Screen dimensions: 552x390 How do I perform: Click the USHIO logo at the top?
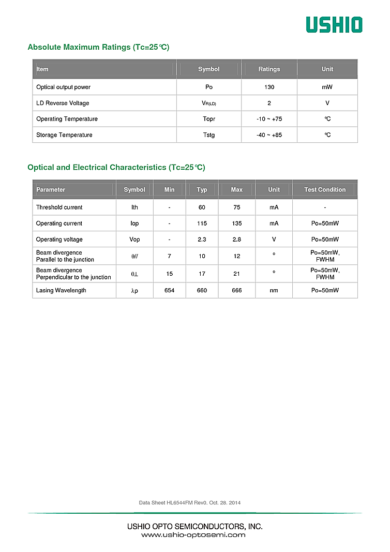point(334,25)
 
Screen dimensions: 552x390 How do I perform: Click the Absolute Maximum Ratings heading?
point(98,47)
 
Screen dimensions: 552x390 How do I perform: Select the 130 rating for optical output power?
point(269,87)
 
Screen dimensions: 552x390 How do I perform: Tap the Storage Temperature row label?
point(64,135)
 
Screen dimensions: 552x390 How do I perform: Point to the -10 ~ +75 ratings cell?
point(269,119)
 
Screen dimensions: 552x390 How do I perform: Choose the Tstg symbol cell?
point(208,135)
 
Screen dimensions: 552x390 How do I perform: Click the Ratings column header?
point(269,69)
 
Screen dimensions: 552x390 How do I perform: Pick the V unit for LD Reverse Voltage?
point(327,103)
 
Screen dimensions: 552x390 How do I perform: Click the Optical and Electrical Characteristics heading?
point(116,167)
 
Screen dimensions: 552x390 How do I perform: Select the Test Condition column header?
point(325,190)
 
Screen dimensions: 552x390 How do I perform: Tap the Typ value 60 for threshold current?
point(202,207)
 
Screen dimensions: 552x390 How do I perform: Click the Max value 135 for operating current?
point(236,223)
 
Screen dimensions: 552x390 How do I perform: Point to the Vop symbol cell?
point(134,240)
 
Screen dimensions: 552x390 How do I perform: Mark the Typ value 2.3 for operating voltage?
point(202,240)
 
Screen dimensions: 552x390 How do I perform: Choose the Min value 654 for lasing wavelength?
point(169,290)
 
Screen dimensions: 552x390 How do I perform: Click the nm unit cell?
point(274,290)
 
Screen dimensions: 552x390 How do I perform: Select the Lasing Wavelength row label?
point(61,290)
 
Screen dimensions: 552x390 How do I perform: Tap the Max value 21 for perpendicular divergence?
point(236,274)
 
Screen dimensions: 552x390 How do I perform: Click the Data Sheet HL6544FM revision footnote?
point(190,503)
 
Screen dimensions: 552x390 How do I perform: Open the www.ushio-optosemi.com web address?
point(193,535)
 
